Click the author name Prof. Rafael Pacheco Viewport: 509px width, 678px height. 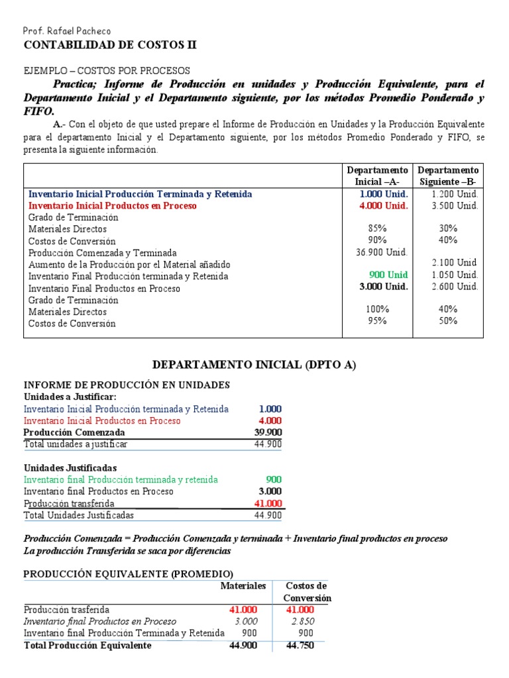[x=67, y=31]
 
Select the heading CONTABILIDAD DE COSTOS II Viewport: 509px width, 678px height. [x=110, y=45]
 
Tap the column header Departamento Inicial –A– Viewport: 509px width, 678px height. [x=377, y=176]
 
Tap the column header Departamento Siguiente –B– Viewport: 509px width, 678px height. [x=448, y=176]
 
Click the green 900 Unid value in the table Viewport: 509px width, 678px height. [x=389, y=275]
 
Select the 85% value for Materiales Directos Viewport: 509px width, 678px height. [x=377, y=228]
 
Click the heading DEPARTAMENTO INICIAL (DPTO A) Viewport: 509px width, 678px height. [x=254, y=365]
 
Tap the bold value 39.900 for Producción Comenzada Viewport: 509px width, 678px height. [x=268, y=432]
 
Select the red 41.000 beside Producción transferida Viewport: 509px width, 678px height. [x=268, y=503]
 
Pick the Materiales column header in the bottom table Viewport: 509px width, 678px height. [x=243, y=586]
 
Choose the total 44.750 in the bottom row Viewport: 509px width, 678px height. [x=300, y=646]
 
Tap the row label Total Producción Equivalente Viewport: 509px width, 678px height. [x=87, y=646]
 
